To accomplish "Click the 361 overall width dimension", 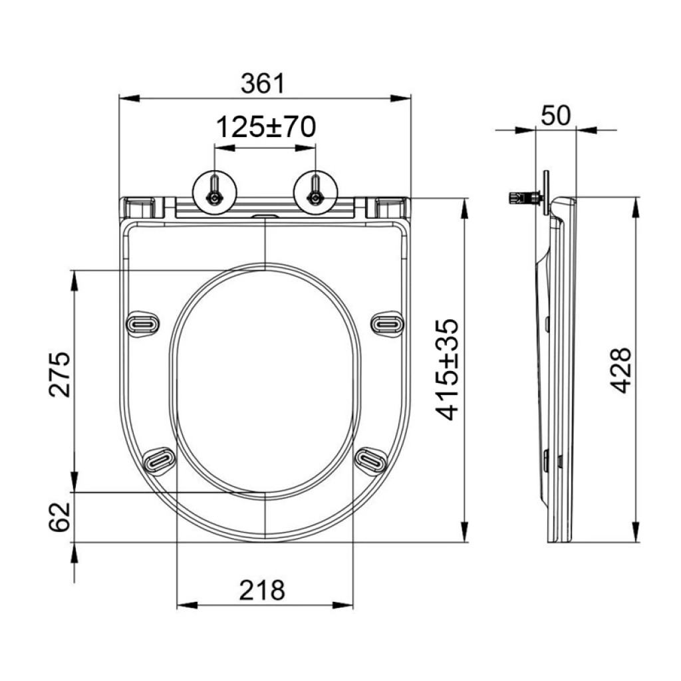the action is (263, 83).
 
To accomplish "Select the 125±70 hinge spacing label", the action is (266, 127).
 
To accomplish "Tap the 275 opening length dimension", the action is (59, 374).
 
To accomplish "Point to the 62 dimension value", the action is (59, 517).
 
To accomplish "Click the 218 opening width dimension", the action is (262, 590).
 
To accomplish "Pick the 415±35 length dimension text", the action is (448, 370).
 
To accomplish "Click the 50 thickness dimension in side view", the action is (555, 116).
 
